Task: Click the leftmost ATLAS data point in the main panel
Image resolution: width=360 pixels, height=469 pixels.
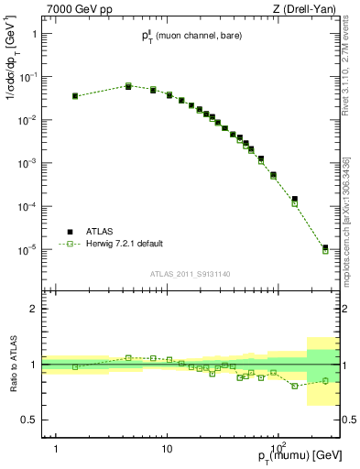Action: (x=75, y=95)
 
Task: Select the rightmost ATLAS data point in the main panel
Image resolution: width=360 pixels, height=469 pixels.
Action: (x=325, y=247)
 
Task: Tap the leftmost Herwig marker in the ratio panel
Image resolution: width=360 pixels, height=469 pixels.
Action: (x=75, y=366)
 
